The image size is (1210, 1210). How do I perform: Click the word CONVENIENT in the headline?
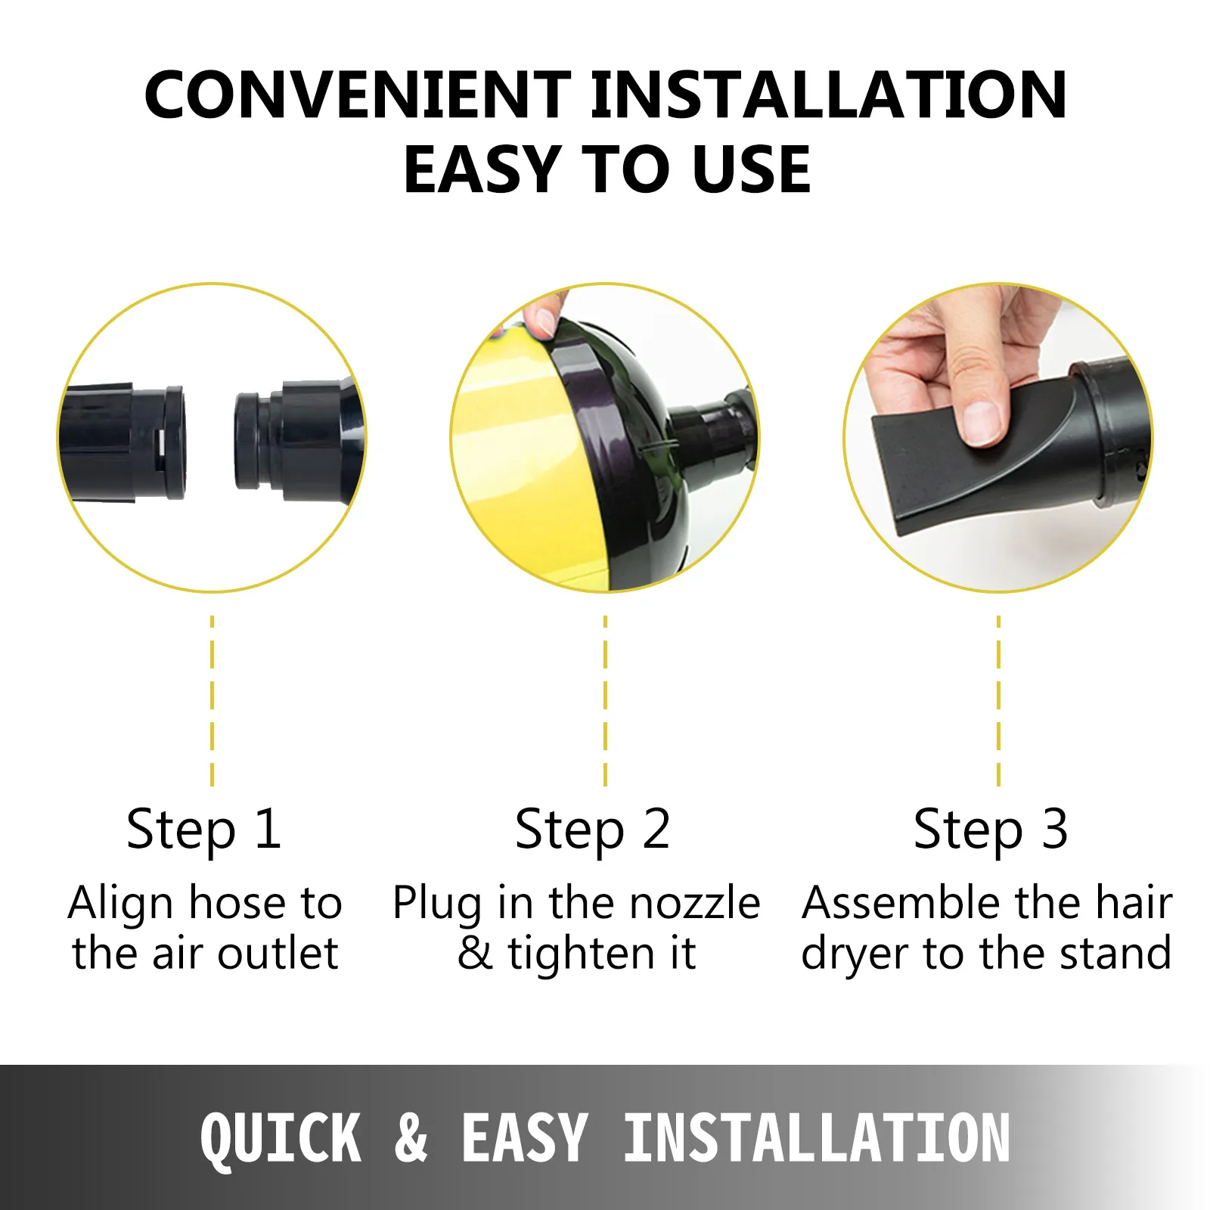[x=358, y=95]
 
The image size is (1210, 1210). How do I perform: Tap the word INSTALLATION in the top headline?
[x=829, y=95]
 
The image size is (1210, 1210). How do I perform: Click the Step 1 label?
[x=204, y=830]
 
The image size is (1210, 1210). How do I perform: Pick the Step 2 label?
[x=593, y=830]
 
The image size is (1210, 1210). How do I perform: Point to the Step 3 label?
[x=991, y=830]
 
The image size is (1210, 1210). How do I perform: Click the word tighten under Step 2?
[x=582, y=954]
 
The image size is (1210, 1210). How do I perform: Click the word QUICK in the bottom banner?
[x=281, y=1137]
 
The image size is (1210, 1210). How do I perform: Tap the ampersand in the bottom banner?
[x=411, y=1137]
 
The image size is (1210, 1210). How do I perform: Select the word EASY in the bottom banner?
[x=525, y=1137]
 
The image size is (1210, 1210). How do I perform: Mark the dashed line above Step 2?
[x=605, y=701]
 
